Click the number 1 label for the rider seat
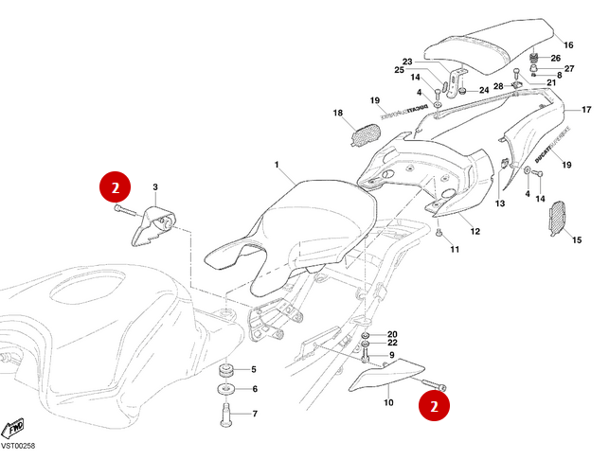(x=278, y=166)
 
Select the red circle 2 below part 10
(x=435, y=406)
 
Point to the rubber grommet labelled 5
(x=228, y=368)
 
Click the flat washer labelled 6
(x=228, y=389)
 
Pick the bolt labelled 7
(x=228, y=413)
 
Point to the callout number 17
(x=572, y=110)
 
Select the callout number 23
(x=407, y=61)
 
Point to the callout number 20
(x=392, y=334)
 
